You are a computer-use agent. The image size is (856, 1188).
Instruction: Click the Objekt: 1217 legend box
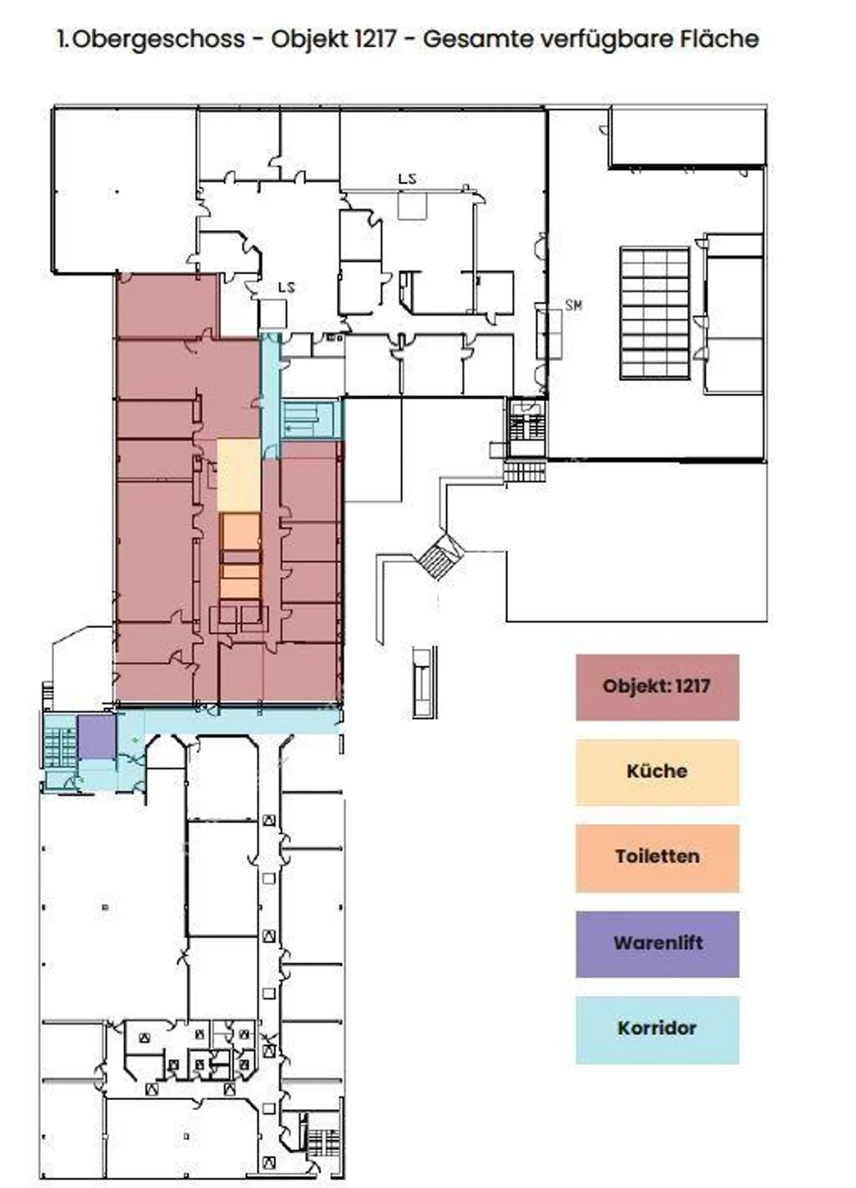pyautogui.click(x=657, y=688)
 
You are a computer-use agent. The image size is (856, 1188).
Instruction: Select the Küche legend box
pyautogui.click(x=657, y=772)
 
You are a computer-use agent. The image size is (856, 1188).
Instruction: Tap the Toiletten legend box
pyautogui.click(x=657, y=858)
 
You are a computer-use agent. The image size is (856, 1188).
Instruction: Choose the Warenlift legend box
pyautogui.click(x=657, y=944)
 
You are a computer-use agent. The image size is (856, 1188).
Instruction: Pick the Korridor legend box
pyautogui.click(x=657, y=1029)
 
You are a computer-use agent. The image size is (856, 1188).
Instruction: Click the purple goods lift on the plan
pyautogui.click(x=96, y=737)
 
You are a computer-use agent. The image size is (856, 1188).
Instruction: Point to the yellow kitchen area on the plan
pyautogui.click(x=238, y=475)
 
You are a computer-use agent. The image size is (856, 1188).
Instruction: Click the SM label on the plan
pyautogui.click(x=573, y=305)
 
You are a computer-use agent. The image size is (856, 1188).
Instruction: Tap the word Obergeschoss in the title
pyautogui.click(x=158, y=40)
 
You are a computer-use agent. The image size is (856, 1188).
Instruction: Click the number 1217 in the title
pyautogui.click(x=374, y=39)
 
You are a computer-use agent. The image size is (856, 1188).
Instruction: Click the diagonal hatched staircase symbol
pyautogui.click(x=441, y=556)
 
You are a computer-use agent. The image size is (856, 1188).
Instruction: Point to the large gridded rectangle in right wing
pyautogui.click(x=654, y=313)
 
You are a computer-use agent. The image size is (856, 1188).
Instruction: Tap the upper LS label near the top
pyautogui.click(x=407, y=179)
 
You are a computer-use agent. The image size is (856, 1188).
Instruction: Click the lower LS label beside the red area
pyautogui.click(x=287, y=288)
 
